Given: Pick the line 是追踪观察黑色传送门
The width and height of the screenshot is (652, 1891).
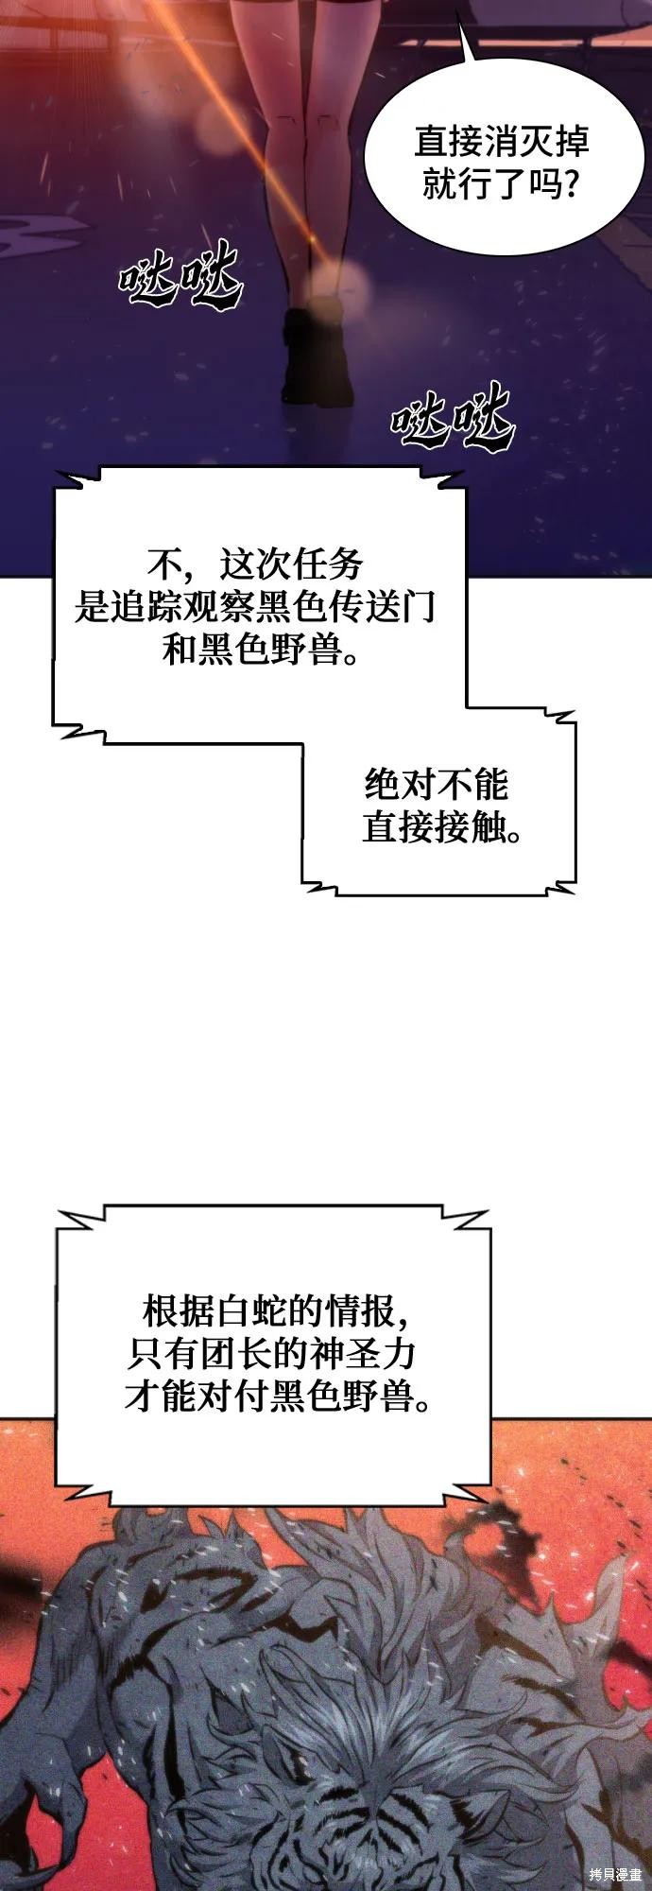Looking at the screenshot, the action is [255, 607].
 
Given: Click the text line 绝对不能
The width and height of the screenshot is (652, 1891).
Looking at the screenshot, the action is [437, 785].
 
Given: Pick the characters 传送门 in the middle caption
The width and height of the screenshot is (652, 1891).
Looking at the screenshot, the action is [383, 607].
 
